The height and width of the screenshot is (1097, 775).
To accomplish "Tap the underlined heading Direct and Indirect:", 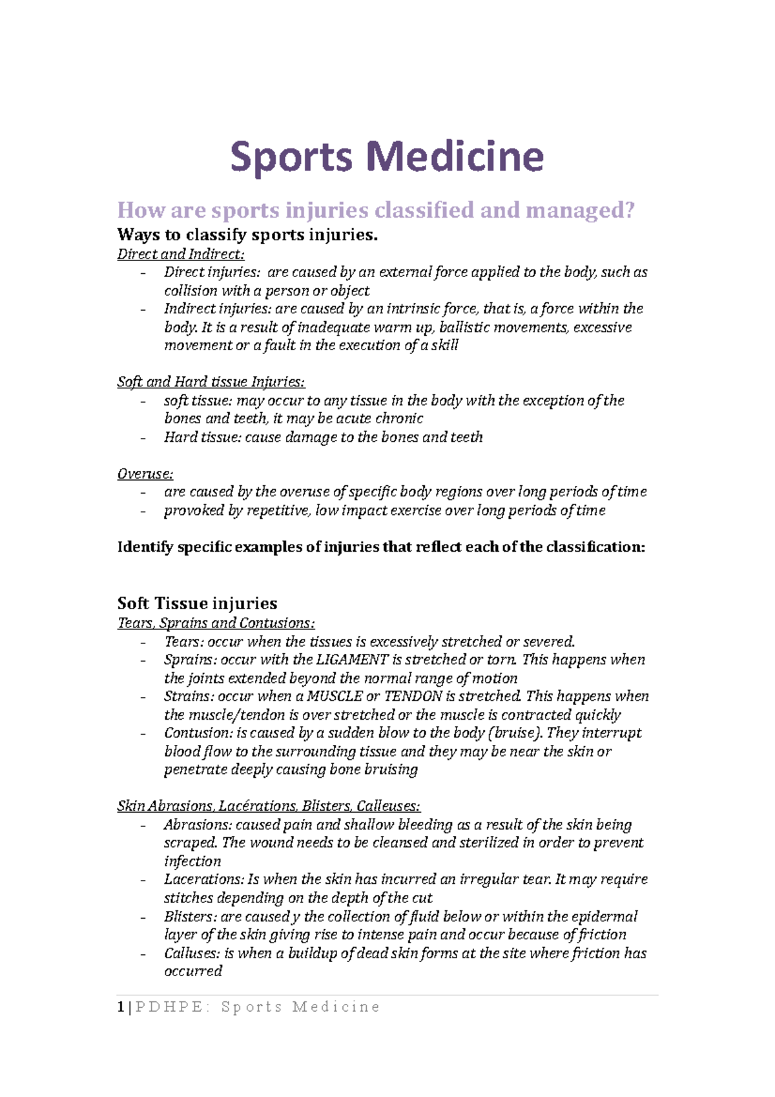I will coord(181,254).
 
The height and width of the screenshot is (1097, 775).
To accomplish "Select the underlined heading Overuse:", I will coord(145,474).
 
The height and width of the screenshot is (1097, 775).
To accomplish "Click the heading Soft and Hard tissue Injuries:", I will coord(211,382).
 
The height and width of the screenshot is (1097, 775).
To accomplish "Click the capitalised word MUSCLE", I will coord(335,696).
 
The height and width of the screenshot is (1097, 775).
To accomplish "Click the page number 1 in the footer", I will coord(121,1007).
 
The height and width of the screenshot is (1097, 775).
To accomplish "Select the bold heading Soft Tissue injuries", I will coord(197,603).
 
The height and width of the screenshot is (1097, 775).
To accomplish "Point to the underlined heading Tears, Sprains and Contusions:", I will coord(216,623).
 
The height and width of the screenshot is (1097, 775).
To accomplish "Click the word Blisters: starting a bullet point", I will coord(191,917).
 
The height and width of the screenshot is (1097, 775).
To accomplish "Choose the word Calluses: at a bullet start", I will coord(192,954).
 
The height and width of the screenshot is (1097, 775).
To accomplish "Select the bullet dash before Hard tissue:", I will coord(143,437).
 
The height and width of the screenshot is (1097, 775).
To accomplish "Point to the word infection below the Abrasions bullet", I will coord(192,861).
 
